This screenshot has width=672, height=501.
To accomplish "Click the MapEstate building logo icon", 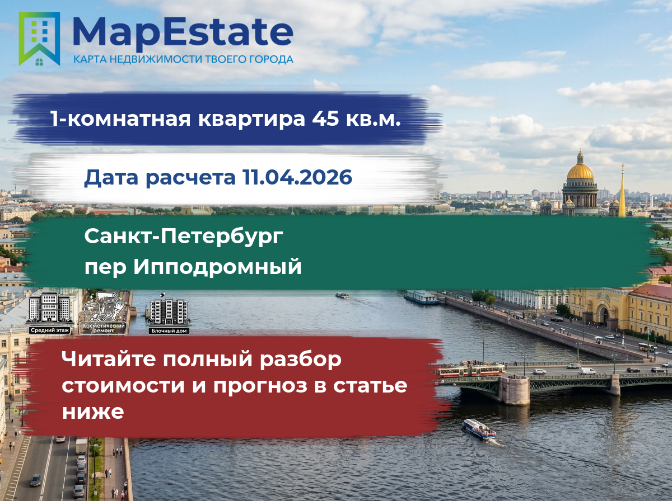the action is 39,39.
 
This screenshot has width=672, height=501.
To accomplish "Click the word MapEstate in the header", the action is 183,33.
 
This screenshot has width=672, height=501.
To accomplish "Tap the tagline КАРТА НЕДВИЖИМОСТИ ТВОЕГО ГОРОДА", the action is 183,59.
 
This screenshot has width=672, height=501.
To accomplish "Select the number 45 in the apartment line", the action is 325,119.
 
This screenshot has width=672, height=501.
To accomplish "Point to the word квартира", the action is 251,119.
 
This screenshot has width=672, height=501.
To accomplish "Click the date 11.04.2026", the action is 297,177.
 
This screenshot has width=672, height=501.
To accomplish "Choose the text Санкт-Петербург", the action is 184,237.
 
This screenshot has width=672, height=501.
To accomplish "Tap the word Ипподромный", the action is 217,267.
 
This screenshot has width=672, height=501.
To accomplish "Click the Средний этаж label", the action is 50,330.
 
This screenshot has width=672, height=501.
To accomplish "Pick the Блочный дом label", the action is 169,330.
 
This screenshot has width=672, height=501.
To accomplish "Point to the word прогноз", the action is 260,386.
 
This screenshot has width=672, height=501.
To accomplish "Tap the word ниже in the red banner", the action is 93,412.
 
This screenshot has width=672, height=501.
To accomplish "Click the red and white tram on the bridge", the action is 470,370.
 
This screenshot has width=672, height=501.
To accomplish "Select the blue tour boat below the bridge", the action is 479,429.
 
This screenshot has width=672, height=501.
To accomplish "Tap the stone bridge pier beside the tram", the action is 514,391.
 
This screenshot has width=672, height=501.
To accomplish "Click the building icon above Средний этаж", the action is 50,308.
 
